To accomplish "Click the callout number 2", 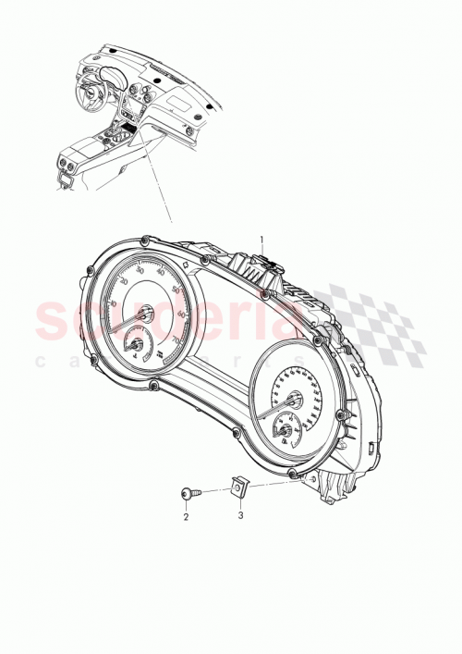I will (186, 517).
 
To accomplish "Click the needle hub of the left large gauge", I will (144, 316).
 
